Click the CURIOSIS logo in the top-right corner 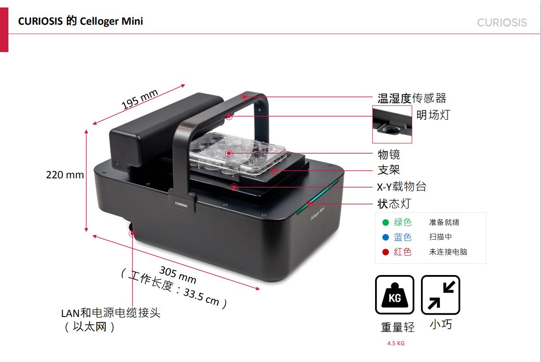(x=502, y=22)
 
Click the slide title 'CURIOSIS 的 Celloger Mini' (x=80, y=21)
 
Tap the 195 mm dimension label (x=139, y=99)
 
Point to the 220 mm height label (x=65, y=175)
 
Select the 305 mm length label (x=178, y=275)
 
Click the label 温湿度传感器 (x=412, y=98)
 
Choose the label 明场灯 (x=433, y=115)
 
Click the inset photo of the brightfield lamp (x=392, y=124)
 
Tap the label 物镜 (x=389, y=155)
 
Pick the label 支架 (x=389, y=170)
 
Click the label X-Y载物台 (x=402, y=187)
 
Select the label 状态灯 (x=394, y=204)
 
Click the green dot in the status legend (x=386, y=222)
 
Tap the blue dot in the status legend (x=386, y=237)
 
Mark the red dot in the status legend (x=386, y=252)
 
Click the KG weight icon (x=394, y=294)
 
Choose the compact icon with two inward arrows (x=440, y=294)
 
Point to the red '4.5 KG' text (x=396, y=343)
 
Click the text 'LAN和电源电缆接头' (x=111, y=313)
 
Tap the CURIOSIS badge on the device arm (x=181, y=204)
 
